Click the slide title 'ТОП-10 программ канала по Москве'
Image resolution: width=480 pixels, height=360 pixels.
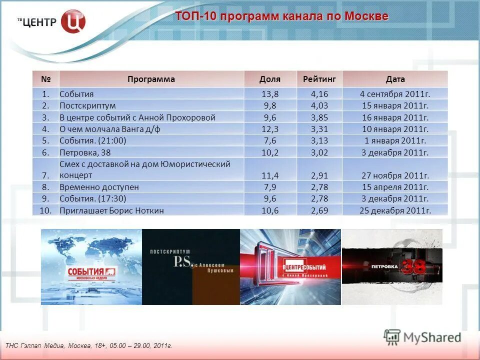click(281, 16)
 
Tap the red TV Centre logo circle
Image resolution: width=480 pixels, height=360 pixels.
click(73, 22)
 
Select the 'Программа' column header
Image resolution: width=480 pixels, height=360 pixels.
click(151, 79)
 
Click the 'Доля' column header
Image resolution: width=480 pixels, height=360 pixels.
click(270, 79)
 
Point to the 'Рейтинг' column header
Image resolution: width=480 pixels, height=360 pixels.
click(319, 79)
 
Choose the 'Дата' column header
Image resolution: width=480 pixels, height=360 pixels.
click(395, 79)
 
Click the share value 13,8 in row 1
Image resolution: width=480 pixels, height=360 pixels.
click(270, 94)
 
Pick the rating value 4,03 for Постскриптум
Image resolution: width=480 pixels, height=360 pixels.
click(319, 105)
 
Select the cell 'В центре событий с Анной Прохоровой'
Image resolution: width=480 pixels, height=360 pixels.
click(137, 117)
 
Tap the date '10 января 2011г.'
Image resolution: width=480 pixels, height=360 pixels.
click(395, 129)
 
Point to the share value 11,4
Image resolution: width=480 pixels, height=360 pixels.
click(270, 175)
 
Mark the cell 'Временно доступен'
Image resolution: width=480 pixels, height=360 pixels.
click(99, 187)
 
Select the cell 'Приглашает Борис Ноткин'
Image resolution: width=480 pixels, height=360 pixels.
click(111, 210)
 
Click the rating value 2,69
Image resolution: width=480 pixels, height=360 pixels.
click(319, 210)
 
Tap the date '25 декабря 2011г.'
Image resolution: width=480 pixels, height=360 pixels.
click(395, 210)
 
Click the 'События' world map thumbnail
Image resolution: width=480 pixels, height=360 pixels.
click(91, 267)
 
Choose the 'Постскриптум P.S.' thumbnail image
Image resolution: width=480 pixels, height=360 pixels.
click(191, 267)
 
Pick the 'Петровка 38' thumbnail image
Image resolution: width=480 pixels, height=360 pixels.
click(392, 267)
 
